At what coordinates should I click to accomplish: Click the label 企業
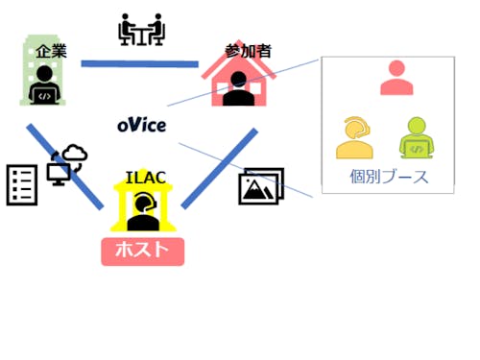coord(50,49)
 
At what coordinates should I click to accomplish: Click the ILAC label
coord(144,178)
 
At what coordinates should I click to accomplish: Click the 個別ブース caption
coord(389,177)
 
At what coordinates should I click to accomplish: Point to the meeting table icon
coord(141,30)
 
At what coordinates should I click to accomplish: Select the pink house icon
coord(236,76)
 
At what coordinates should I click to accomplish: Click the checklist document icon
coord(21,184)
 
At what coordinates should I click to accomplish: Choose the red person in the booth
coord(396,78)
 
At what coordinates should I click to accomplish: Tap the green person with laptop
coord(415,137)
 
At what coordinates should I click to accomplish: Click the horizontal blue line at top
coord(139,64)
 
